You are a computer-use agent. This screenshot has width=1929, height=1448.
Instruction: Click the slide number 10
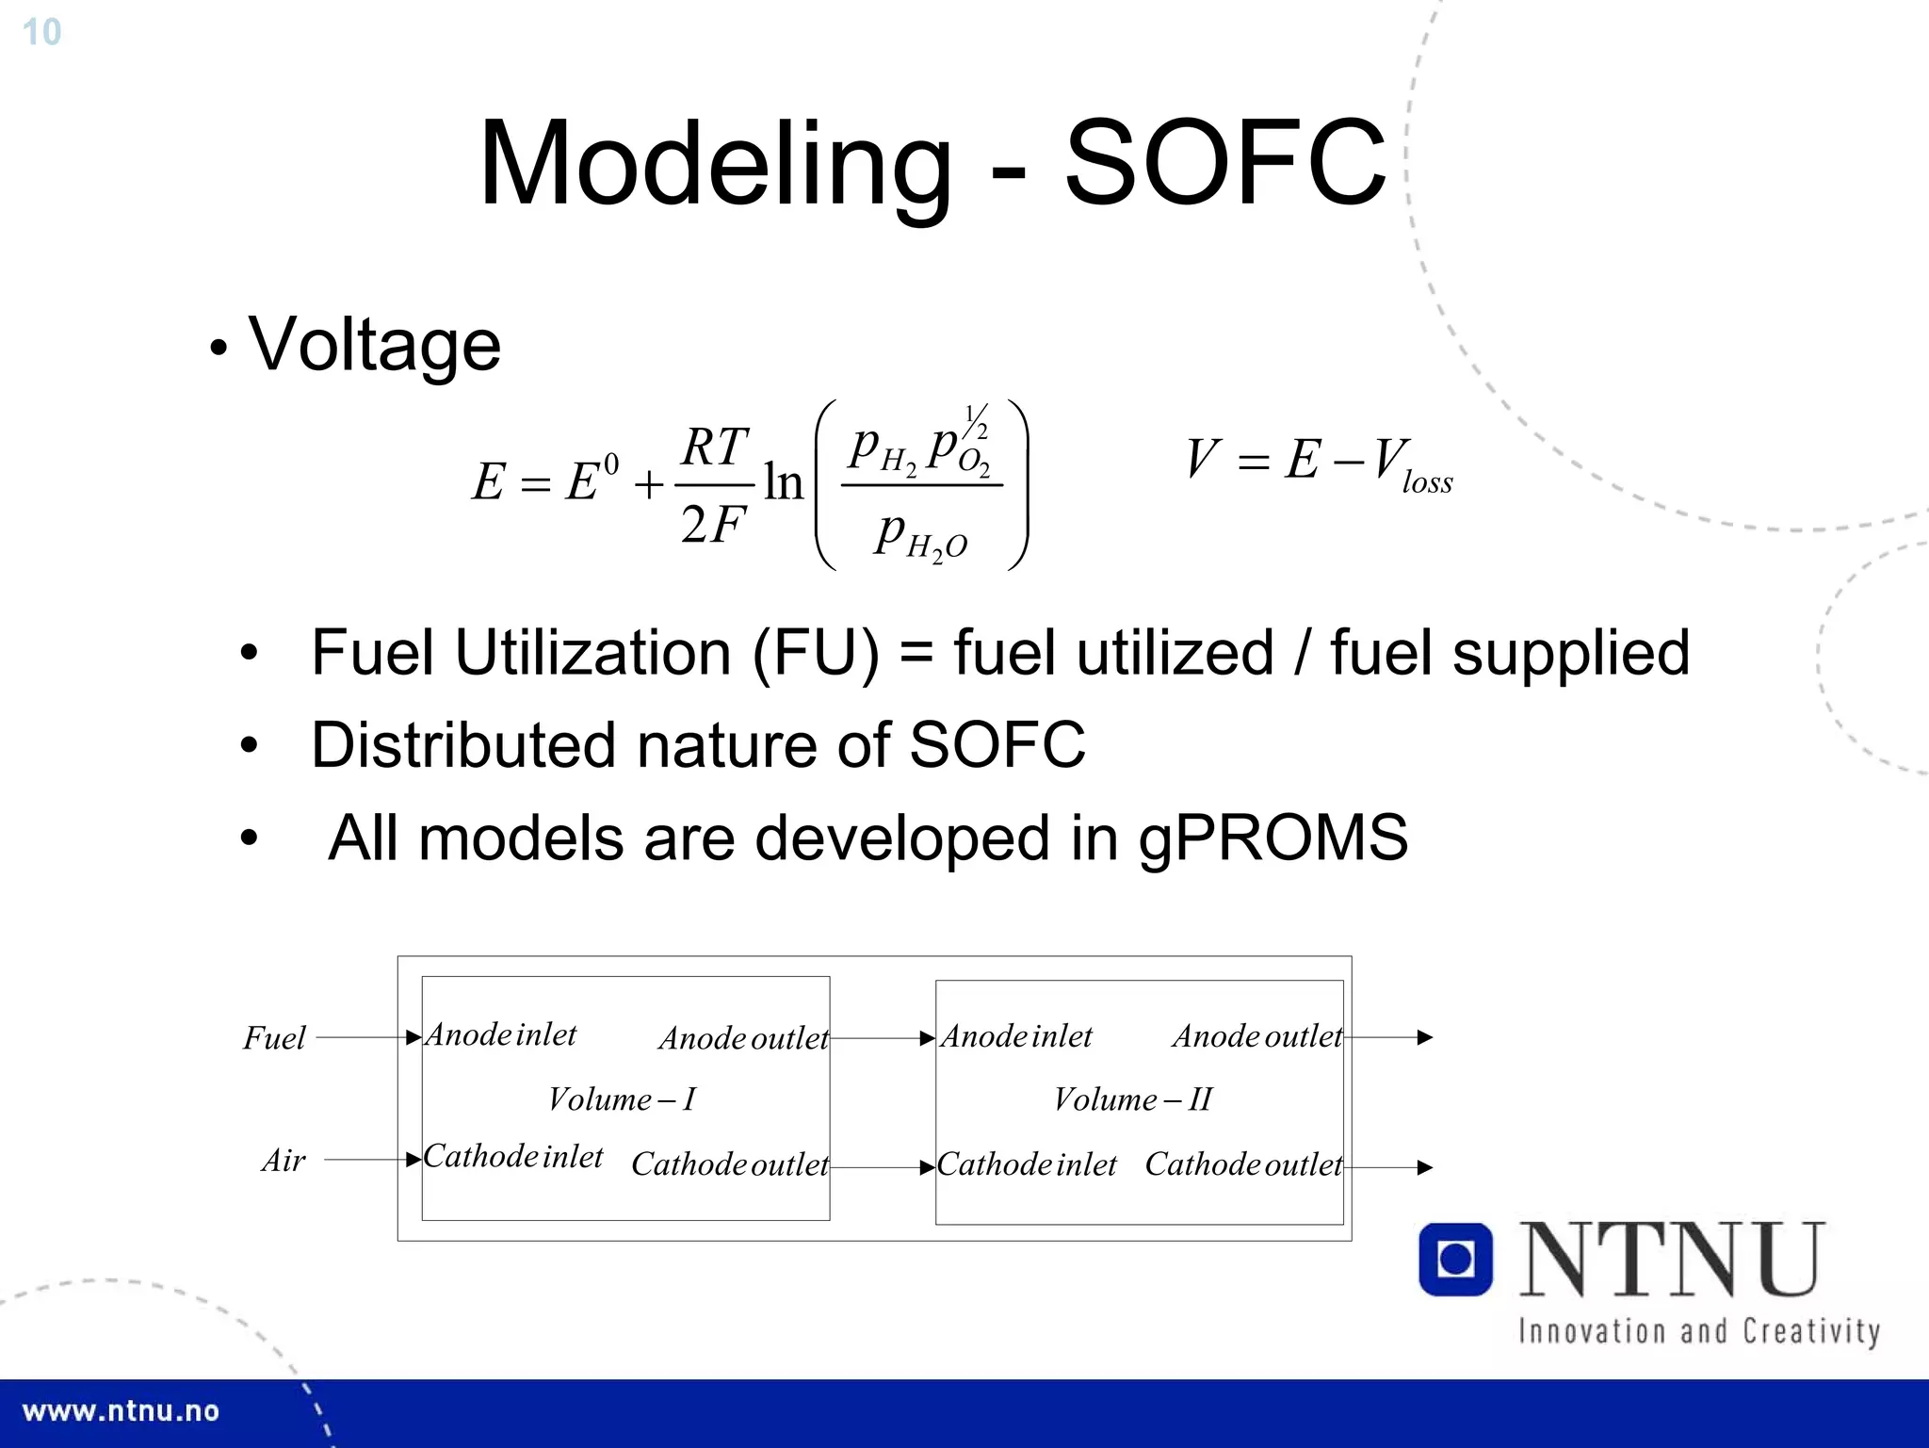[41, 32]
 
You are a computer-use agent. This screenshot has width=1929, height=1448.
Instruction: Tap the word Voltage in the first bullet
[374, 345]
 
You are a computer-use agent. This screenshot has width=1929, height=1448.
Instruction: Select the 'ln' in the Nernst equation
[783, 482]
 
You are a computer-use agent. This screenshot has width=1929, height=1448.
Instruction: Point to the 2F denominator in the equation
[713, 525]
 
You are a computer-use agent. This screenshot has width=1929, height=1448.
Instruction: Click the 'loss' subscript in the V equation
[1427, 483]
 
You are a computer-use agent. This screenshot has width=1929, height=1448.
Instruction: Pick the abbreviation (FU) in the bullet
[816, 653]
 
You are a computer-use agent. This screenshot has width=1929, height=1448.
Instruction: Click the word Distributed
[462, 745]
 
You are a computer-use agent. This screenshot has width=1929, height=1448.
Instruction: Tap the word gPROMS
[1272, 838]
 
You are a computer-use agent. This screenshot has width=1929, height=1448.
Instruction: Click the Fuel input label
[274, 1038]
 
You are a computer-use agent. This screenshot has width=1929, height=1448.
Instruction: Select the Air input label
[284, 1161]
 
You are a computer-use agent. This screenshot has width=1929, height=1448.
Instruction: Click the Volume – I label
[622, 1099]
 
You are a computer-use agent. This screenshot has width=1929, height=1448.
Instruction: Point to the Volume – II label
[1132, 1099]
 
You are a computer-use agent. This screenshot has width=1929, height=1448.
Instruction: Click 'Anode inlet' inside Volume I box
[501, 1035]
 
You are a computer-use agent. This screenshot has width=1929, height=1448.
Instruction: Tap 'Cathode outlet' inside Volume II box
[1243, 1165]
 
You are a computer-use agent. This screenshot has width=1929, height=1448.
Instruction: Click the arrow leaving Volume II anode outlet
[1389, 1037]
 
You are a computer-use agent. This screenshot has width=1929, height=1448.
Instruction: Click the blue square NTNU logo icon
[1455, 1260]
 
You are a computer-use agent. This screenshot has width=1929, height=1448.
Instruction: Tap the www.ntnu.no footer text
[121, 1411]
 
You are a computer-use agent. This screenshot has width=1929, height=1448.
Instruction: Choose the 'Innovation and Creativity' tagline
[1699, 1332]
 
